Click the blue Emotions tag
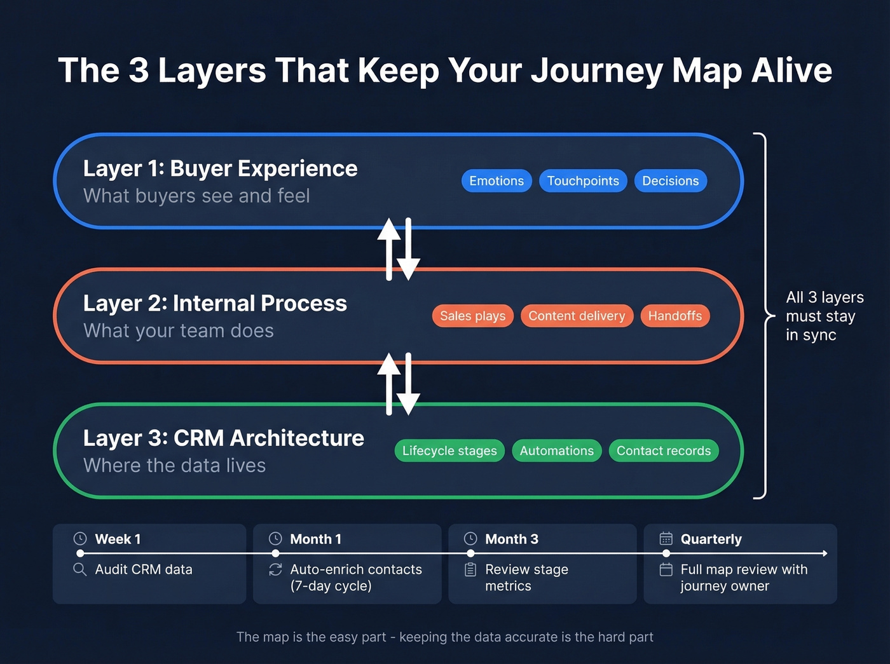coord(496,181)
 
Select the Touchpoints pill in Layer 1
coord(583,181)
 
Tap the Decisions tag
coord(670,181)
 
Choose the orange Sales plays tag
coord(472,316)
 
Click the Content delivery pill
coord(577,316)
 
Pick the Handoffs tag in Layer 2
coord(674,316)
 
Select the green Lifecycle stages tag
coord(449,451)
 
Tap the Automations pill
coord(556,451)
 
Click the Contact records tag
coord(663,451)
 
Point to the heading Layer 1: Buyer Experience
coord(220,168)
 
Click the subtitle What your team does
coord(179,331)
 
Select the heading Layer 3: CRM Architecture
coord(223,438)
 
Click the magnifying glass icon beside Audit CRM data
coord(79,569)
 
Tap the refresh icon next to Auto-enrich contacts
coord(275,569)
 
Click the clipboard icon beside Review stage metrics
coord(470,569)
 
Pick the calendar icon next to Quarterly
coord(666,539)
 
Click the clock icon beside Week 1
coord(79,539)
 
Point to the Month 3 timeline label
coord(511,539)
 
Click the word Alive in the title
coord(791,70)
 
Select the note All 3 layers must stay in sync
coord(824,316)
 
